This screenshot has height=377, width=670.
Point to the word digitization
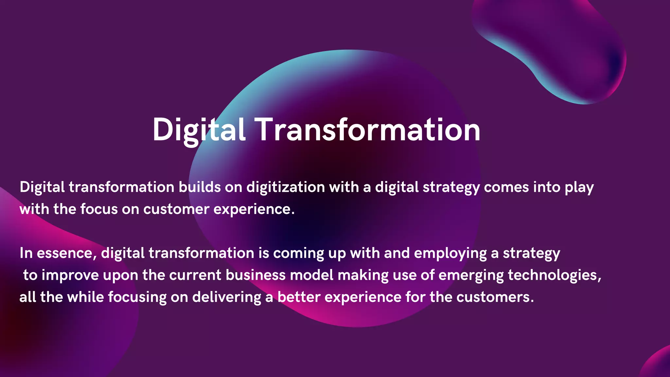click(285, 187)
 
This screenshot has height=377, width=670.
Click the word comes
click(506, 187)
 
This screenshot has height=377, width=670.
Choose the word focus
click(99, 209)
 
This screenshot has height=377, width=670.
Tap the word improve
click(70, 275)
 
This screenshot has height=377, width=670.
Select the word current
click(195, 275)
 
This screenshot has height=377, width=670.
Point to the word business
click(256, 275)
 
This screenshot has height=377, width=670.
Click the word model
click(311, 275)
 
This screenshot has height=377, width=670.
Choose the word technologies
click(554, 275)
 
